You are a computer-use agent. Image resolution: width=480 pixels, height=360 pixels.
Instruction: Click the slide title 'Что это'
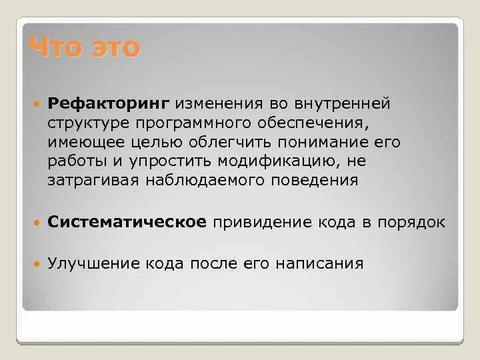click(84, 48)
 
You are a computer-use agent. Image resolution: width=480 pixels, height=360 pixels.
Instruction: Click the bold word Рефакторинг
click(110, 103)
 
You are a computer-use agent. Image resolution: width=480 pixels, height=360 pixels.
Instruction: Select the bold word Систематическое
click(127, 222)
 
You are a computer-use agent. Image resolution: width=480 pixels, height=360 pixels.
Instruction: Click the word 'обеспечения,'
click(311, 123)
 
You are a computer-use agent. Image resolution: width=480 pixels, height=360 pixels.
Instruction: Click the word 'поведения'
click(320, 180)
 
